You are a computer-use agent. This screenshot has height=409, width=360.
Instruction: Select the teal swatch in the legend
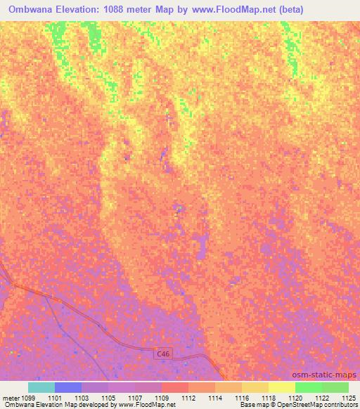click(41, 387)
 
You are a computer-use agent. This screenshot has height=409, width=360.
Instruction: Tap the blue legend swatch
click(68, 387)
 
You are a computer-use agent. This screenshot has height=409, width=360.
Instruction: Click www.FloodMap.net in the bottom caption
click(150, 405)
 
